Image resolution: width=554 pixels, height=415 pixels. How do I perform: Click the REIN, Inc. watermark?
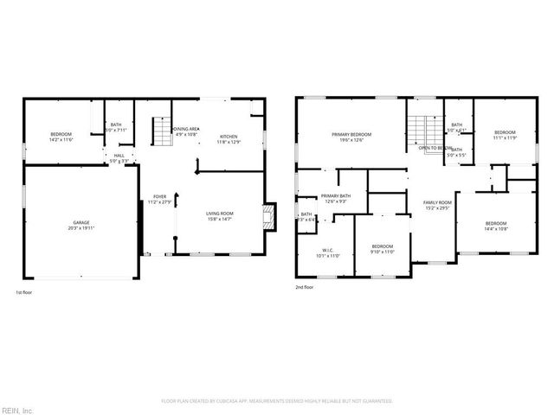coord(17,409)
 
